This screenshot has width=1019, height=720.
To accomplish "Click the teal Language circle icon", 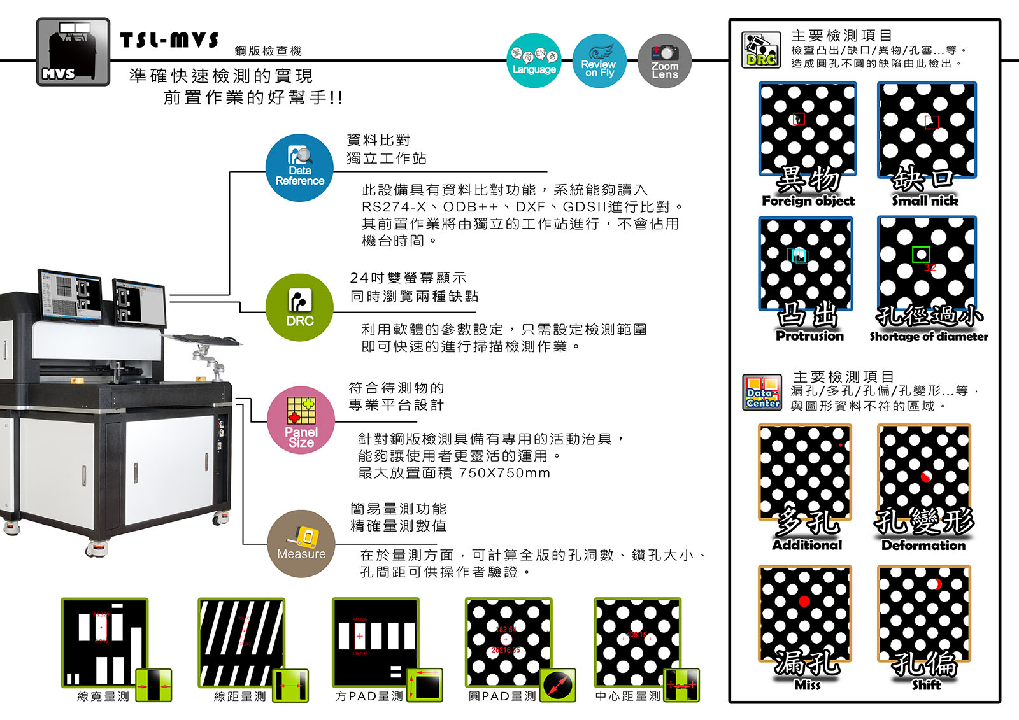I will click(534, 61).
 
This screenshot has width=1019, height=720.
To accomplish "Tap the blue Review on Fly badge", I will click(599, 61).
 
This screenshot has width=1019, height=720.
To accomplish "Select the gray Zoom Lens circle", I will click(664, 61).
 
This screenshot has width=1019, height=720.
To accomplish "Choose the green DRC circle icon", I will click(299, 307).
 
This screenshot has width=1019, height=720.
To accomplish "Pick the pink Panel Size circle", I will click(301, 420).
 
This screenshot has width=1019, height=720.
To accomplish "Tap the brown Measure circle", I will click(301, 544).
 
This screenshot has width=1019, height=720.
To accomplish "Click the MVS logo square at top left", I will click(73, 52).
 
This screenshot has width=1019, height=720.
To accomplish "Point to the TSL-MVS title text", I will click(169, 41).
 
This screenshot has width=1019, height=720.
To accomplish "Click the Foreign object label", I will click(808, 201).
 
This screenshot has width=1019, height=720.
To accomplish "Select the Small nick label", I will click(925, 201).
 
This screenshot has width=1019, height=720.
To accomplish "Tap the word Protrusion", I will click(809, 336).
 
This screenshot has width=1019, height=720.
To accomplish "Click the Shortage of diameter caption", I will click(929, 337).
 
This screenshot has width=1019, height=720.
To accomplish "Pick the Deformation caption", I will click(923, 546).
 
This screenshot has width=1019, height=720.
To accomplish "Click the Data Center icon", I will click(762, 392).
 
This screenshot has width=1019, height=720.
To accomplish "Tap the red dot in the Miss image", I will click(804, 601).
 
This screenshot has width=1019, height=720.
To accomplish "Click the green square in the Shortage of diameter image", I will click(921, 255).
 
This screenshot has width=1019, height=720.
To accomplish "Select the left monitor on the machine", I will click(70, 294).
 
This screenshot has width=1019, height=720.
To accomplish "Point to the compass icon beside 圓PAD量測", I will click(558, 686).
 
